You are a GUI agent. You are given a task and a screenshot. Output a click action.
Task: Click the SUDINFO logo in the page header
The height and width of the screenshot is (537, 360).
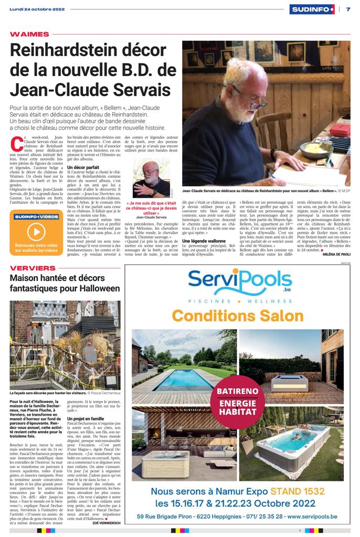312,9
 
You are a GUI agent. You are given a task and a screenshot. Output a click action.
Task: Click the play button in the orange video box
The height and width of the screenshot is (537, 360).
36,231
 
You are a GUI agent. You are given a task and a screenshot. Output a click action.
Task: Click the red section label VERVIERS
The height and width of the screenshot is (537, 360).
33,268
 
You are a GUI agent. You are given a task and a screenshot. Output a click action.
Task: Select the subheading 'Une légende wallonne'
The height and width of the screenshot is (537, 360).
204,240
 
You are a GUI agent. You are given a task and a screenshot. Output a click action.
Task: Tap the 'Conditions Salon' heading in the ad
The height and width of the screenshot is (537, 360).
237,316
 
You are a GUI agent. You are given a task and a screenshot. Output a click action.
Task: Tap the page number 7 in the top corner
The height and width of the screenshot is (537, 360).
348,9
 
